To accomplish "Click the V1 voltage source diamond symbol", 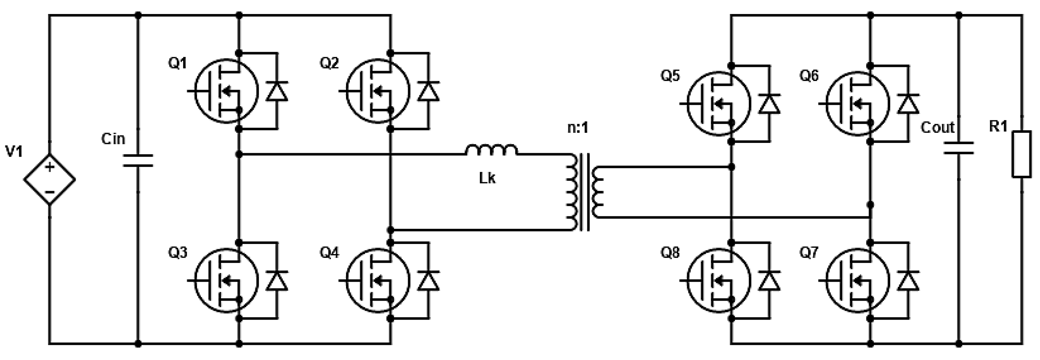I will click(49, 179).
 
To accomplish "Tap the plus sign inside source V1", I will click(49, 167).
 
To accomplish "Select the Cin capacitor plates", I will click(138, 160).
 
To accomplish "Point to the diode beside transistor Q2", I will click(428, 91).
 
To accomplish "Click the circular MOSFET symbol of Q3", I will click(225, 281).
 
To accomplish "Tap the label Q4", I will click(329, 253).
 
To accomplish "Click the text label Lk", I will click(487, 178).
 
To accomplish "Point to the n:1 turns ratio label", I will click(578, 128).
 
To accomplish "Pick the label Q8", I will click(670, 253).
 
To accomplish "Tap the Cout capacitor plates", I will click(959, 148).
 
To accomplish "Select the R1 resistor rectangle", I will click(1021, 154).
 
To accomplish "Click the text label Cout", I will click(937, 128).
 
